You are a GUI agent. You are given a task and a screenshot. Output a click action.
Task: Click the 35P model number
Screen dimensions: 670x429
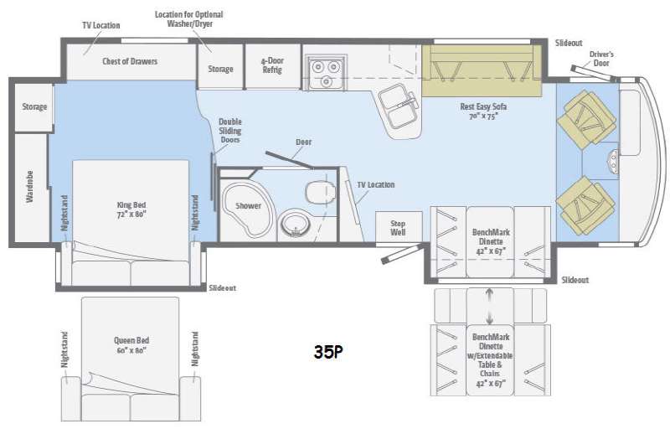328,352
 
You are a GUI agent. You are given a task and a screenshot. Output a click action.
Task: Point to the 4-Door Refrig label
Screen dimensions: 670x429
272,65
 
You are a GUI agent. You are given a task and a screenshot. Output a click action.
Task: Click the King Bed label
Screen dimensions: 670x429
131,209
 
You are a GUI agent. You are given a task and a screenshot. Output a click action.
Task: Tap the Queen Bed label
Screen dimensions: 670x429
131,345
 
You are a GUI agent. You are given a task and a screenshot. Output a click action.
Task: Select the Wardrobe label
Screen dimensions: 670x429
29,186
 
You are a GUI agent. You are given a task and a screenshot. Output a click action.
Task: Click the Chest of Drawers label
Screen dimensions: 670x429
130,61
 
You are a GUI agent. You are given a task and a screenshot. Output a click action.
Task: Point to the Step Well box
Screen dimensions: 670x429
399,227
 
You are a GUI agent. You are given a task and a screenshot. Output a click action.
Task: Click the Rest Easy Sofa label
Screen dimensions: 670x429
483,111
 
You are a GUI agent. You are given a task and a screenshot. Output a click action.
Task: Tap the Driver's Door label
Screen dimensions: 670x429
601,59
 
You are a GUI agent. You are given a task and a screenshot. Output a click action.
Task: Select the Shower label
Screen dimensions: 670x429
248,205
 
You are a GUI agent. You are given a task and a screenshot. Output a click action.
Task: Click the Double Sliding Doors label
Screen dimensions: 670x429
229,131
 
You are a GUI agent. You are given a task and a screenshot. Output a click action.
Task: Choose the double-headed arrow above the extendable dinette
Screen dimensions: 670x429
490,307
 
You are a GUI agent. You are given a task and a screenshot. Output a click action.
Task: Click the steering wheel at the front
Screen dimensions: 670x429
613,162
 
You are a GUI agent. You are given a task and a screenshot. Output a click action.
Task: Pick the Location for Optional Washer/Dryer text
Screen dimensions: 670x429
189,18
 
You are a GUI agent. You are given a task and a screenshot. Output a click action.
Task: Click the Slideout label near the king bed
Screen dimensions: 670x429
222,288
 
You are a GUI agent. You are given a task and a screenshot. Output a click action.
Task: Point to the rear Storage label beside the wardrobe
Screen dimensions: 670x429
34,106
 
